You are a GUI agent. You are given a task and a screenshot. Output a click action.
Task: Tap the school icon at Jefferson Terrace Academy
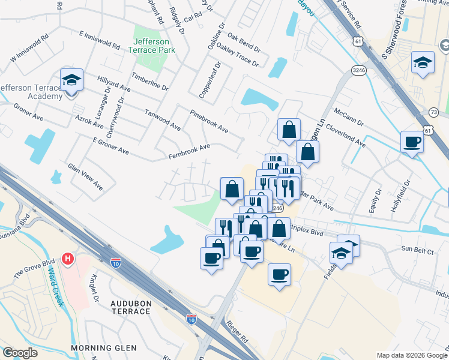(71, 80)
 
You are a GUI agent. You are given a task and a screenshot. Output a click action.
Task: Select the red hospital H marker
(68, 259)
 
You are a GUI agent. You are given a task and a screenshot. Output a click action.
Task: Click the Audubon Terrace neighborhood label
(130, 308)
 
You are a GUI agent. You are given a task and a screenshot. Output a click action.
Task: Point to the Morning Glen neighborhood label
(104, 348)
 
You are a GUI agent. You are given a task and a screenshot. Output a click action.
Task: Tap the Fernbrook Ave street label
(189, 152)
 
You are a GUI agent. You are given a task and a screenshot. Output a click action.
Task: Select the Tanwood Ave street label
(162, 119)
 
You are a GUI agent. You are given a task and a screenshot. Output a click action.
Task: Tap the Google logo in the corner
(20, 353)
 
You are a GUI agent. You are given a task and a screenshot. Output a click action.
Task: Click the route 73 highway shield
(434, 112)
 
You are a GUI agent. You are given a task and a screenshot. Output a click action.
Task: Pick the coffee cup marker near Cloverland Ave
(412, 142)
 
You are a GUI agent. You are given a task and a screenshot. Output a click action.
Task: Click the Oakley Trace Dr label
(237, 55)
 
